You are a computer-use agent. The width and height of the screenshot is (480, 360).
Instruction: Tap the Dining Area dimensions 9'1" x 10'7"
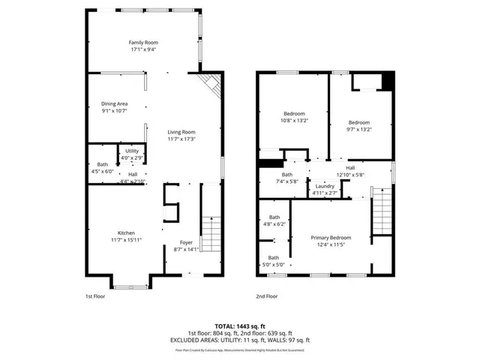pyautogui.click(x=115, y=111)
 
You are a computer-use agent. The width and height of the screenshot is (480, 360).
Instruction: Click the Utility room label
pyautogui.click(x=132, y=151)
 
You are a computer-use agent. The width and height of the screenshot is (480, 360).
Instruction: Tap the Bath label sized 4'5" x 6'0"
pyautogui.click(x=103, y=164)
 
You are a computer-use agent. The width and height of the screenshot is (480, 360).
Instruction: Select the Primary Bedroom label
pyautogui.click(x=331, y=238)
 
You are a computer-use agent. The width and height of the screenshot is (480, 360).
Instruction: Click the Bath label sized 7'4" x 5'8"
pyautogui.click(x=266, y=175)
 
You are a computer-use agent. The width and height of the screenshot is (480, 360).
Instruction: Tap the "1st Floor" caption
pyautogui.click(x=94, y=296)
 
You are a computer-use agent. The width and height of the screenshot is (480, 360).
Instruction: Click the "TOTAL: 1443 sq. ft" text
pyautogui.click(x=240, y=326)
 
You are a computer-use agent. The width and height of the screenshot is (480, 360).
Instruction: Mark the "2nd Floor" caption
pyautogui.click(x=266, y=296)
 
